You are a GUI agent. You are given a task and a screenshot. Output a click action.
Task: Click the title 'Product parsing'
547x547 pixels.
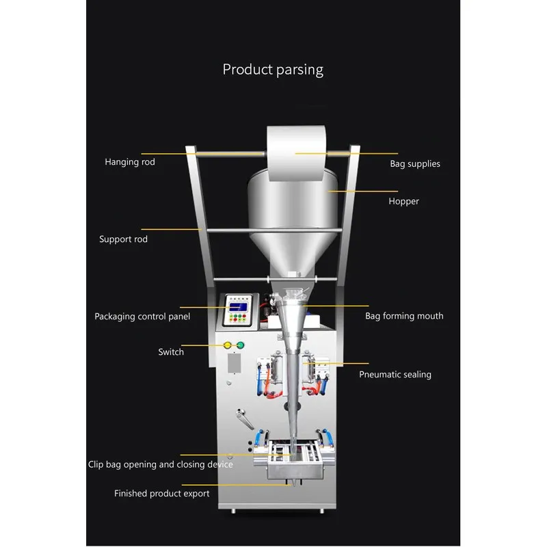click(273, 69)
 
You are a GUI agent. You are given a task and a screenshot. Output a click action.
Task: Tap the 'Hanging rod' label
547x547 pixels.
click(130, 162)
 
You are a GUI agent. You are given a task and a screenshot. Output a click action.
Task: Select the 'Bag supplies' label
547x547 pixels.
click(415, 164)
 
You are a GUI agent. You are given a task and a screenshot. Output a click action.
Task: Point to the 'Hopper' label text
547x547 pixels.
click(403, 201)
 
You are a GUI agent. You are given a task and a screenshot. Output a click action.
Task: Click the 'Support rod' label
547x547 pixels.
click(123, 239)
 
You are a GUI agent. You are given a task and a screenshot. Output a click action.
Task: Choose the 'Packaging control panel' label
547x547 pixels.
click(142, 317)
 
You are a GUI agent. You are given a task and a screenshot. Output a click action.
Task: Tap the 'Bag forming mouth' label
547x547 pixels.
click(404, 316)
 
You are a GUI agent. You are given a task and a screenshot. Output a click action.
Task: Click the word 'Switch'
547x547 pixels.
click(171, 352)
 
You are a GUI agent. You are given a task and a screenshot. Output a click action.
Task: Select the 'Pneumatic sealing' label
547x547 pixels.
click(395, 375)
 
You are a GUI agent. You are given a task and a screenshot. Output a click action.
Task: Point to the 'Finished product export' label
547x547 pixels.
click(162, 493)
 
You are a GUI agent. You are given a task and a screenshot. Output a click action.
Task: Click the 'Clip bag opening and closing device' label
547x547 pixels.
click(161, 464)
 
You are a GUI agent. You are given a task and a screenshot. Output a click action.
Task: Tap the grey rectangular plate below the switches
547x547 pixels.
click(234, 363)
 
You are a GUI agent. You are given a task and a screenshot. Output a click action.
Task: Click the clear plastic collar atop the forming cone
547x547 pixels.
click(294, 294)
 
